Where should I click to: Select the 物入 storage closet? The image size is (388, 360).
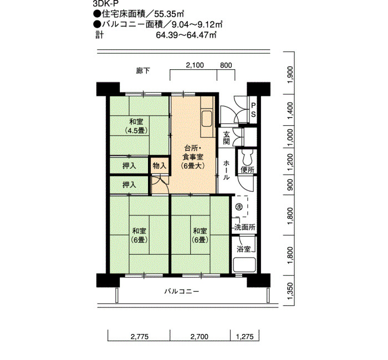[160, 166]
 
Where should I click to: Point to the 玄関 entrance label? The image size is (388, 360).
[226, 138]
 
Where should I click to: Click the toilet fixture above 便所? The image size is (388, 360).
[247, 157]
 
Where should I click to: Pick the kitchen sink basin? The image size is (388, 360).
[207, 119]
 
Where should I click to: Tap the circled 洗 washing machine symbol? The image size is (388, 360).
[238, 206]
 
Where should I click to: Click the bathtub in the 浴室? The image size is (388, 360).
[244, 265]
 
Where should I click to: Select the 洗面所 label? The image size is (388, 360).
[244, 227]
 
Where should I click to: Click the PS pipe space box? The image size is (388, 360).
[253, 110]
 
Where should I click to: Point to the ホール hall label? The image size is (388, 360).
[226, 171]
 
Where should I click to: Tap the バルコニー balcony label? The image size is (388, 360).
[182, 291]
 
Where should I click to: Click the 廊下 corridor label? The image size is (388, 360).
[143, 71]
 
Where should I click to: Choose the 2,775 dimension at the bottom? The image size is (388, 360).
[140, 337]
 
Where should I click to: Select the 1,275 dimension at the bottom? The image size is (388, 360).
[245, 337]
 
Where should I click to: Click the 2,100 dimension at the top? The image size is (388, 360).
[195, 65]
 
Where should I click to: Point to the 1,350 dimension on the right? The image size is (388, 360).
[290, 291]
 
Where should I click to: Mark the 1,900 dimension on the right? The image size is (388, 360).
[290, 75]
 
